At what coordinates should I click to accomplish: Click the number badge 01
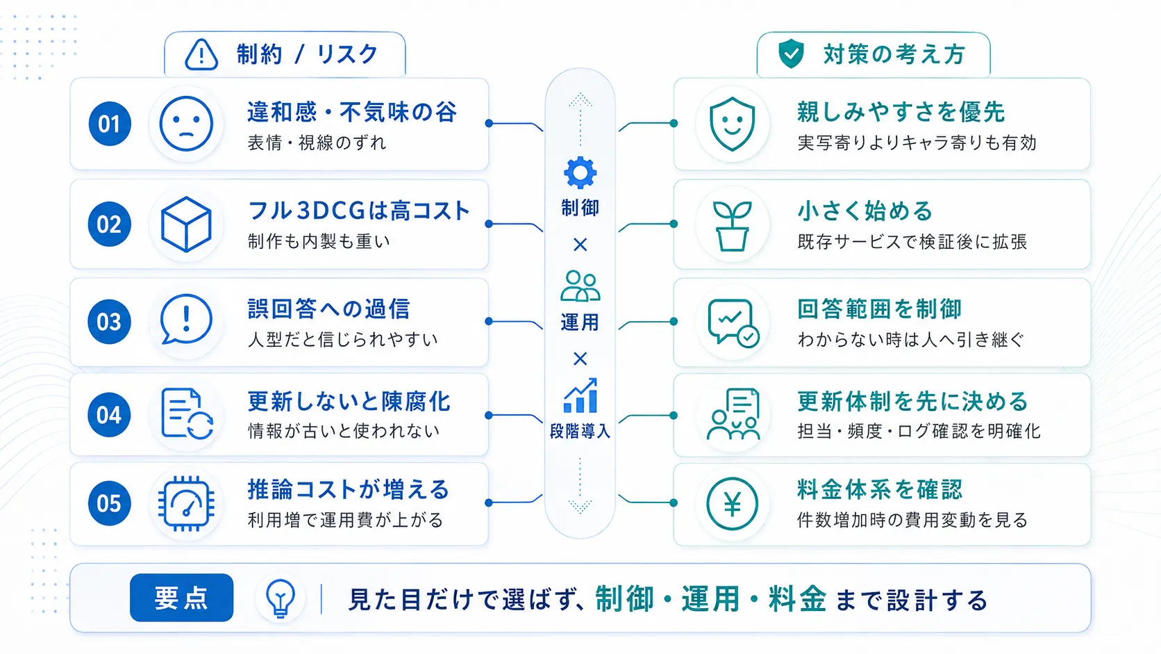pos(109,124)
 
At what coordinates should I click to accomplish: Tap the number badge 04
pos(109,415)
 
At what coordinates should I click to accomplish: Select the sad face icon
pos(186,124)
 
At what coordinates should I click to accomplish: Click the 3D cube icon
pos(186,224)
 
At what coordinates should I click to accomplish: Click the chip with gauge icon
pos(186,503)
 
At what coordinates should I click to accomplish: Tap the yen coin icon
pos(732,503)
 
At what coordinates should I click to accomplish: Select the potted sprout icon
pos(732,226)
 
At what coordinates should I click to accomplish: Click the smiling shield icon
pos(732,124)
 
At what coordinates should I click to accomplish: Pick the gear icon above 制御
pos(580,172)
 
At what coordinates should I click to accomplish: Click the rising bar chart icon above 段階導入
pos(580,395)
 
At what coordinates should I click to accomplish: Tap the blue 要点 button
pos(181,598)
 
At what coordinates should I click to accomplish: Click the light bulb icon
pos(281,598)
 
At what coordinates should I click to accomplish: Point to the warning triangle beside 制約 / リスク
pos(201,54)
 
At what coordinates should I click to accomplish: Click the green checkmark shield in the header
pos(791,54)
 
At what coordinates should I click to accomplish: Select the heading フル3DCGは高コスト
pos(359,211)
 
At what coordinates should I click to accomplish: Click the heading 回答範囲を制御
pos(879,309)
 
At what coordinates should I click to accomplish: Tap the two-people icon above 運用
pos(580,286)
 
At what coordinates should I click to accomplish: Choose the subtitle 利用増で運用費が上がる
pos(345,520)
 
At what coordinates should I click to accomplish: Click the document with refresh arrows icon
pos(187,414)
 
